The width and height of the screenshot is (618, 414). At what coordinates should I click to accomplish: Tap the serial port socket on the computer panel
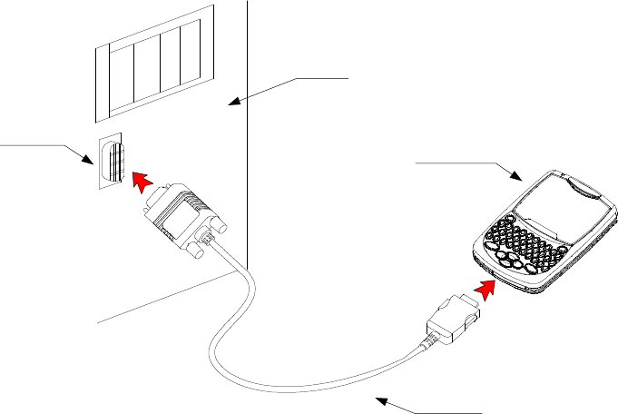[x=113, y=163]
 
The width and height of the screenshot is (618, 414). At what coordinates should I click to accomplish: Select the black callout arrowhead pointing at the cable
[x=381, y=399]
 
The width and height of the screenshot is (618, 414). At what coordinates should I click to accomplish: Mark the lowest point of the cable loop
[x=272, y=391]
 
